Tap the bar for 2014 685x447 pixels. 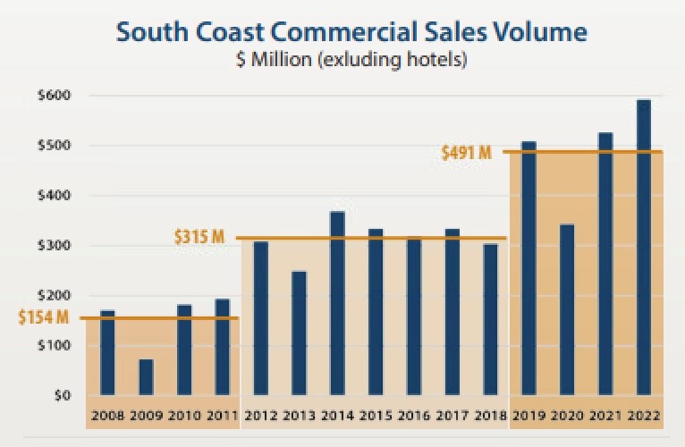(337, 303)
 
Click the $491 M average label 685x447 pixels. (467, 152)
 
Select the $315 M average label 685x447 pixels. (199, 238)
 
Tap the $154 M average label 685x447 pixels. (43, 317)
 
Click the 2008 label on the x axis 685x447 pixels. (107, 417)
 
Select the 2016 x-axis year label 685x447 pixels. (414, 417)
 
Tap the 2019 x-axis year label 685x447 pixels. (529, 417)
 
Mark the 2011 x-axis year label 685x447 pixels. (222, 417)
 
